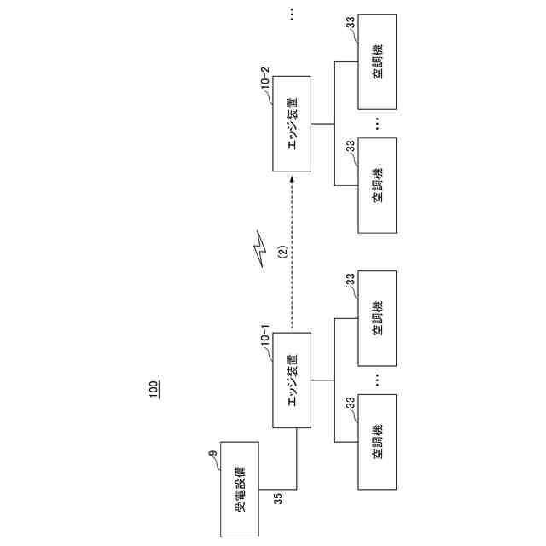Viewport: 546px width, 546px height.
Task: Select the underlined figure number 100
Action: pos(154,390)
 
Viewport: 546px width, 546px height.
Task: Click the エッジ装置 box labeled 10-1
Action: pos(292,379)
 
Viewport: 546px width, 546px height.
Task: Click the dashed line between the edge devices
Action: pos(292,256)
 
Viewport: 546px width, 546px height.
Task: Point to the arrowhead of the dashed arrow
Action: pos(292,177)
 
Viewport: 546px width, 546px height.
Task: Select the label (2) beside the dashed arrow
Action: pos(282,253)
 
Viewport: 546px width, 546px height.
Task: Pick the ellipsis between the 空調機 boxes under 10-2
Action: pos(377,125)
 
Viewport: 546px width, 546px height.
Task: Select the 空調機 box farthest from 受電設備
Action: pos(377,62)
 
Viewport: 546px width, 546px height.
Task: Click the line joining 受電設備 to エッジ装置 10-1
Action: pos(296,461)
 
